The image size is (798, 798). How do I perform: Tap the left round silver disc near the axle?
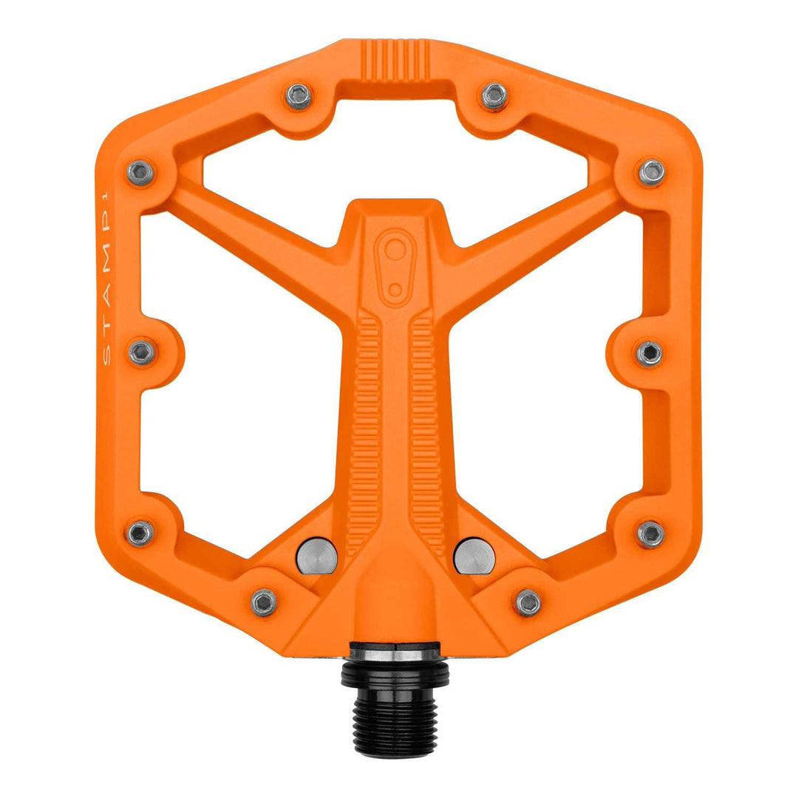317,556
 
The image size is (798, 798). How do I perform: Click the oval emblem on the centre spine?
397,265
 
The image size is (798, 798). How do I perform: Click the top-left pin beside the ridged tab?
299,95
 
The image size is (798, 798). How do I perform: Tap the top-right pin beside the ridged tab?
494,95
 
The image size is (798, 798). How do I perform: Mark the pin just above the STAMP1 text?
140,172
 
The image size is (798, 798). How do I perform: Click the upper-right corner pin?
651,172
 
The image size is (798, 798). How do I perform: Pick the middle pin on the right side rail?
649,352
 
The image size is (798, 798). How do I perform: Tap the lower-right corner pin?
651,533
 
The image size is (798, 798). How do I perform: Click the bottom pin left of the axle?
264,602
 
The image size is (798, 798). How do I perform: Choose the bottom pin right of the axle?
528,603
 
